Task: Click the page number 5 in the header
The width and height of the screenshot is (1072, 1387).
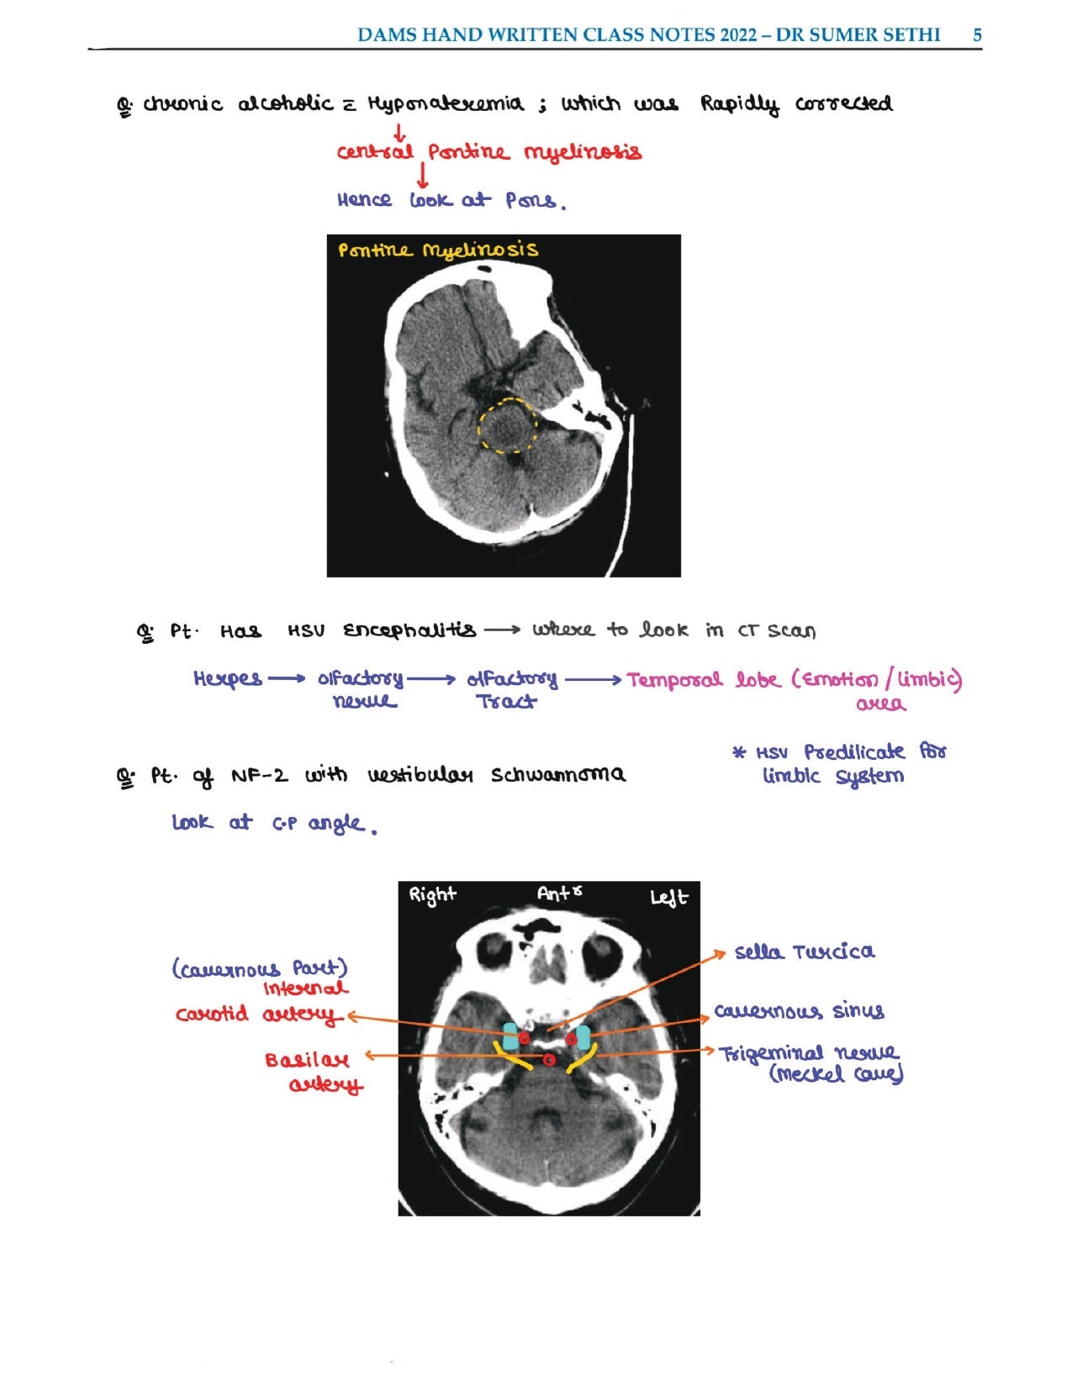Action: [x=977, y=35]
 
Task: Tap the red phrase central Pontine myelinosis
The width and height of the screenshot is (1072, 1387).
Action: [x=488, y=152]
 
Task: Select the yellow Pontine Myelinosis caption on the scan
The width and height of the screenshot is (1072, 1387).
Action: [x=437, y=250]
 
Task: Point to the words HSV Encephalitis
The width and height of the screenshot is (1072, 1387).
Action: [x=383, y=630]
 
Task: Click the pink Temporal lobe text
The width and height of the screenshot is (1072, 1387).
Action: [x=697, y=679]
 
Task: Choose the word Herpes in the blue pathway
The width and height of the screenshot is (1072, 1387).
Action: [x=227, y=678]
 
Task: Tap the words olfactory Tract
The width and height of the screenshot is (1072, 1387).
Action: [x=510, y=689]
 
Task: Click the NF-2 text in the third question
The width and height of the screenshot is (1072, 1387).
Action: [x=259, y=775]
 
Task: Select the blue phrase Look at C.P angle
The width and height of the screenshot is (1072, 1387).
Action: [x=272, y=823]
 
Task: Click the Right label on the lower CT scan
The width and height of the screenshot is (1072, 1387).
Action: [x=432, y=894]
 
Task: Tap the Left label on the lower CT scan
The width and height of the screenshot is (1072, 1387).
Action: [x=668, y=898]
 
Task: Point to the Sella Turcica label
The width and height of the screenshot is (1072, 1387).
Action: [x=804, y=952]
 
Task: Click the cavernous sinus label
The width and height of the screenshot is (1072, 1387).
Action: [x=799, y=1010]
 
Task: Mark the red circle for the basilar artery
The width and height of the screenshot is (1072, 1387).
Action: [x=549, y=1060]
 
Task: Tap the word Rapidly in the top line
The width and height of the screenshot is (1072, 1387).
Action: [x=739, y=104]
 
